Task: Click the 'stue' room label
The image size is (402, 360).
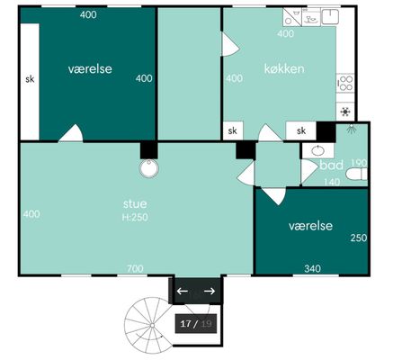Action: click(x=135, y=204)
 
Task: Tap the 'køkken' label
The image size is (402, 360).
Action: click(x=284, y=68)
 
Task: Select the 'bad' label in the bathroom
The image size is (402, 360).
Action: click(x=331, y=166)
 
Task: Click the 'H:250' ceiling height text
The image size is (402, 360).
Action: click(x=135, y=217)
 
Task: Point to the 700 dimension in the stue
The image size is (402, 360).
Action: click(x=135, y=268)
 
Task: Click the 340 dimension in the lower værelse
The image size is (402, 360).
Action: click(x=312, y=268)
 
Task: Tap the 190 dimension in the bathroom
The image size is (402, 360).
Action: click(x=359, y=163)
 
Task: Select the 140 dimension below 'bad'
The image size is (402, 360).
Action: click(x=332, y=182)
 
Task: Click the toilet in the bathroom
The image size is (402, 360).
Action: click(x=356, y=175)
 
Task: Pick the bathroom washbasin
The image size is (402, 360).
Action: click(x=317, y=150)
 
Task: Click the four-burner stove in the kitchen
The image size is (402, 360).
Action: click(x=345, y=84)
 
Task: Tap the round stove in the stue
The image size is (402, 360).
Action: click(x=149, y=168)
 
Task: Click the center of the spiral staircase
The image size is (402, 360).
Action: click(x=152, y=325)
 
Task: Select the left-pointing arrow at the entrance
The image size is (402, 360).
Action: click(x=183, y=291)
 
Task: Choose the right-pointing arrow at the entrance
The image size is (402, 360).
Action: click(x=210, y=291)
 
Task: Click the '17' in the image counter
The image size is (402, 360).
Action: click(x=186, y=324)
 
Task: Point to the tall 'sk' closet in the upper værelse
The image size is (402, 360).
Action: click(x=30, y=82)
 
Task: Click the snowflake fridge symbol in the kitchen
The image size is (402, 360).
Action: click(x=345, y=112)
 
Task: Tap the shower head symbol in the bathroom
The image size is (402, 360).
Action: click(x=350, y=129)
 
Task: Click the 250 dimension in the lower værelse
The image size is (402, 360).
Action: click(x=359, y=238)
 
